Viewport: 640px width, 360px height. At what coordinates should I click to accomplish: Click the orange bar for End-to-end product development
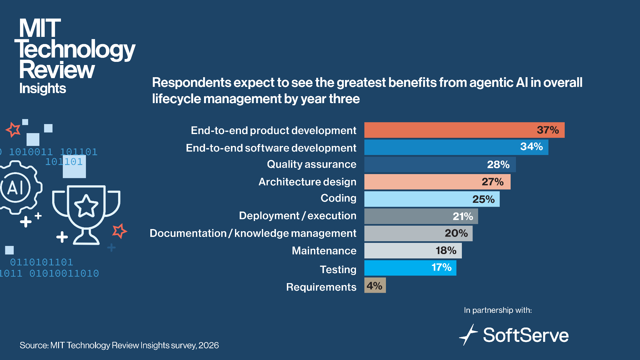[464, 130]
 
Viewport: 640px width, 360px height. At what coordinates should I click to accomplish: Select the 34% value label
[531, 147]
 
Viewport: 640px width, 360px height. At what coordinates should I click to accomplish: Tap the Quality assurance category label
[312, 164]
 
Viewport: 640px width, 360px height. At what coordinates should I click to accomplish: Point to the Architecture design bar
[437, 182]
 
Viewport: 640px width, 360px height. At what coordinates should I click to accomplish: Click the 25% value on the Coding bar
[483, 199]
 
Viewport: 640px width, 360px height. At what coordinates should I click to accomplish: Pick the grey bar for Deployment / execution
[421, 216]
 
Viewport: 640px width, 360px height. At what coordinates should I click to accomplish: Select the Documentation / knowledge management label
[253, 233]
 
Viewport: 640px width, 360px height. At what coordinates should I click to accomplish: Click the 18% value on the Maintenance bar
[446, 250]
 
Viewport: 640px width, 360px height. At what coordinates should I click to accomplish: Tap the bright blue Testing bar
[410, 268]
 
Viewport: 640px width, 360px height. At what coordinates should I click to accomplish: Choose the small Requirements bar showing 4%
[375, 285]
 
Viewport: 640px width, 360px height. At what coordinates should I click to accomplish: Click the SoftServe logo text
[526, 335]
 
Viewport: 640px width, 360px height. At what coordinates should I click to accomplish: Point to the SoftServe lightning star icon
[468, 335]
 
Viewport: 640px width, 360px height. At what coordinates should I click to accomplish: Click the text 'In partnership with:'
[498, 310]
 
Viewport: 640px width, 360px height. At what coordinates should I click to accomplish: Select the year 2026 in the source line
[208, 345]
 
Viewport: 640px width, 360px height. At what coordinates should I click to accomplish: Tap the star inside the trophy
[86, 206]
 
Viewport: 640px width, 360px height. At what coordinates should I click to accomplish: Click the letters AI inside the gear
[15, 188]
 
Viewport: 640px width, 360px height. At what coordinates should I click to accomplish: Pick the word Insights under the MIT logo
[42, 89]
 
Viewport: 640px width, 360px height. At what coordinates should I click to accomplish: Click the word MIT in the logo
[40, 28]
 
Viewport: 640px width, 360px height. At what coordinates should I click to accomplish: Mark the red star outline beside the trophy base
[119, 231]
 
